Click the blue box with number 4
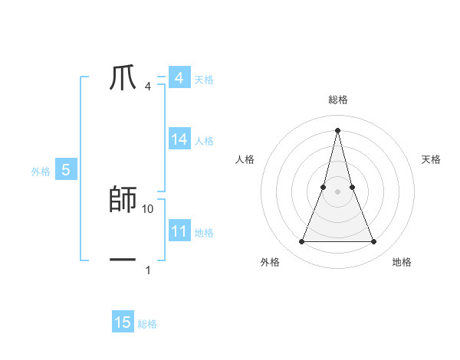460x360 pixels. tap(179, 78)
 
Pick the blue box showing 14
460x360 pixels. tap(179, 139)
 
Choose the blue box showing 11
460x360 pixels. tap(179, 231)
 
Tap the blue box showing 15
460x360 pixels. tap(123, 322)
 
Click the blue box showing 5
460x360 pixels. tap(66, 170)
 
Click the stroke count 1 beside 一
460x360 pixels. tap(148, 270)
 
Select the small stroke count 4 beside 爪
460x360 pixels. tap(148, 87)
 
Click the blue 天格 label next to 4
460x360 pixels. tap(204, 79)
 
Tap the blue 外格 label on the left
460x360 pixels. tap(41, 172)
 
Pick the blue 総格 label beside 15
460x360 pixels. tap(148, 323)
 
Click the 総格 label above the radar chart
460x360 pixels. tap(337, 100)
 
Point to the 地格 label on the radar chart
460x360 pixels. tap(402, 263)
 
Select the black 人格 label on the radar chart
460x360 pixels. tap(245, 159)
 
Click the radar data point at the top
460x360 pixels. tap(337, 130)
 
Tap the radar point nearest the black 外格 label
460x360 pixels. tap(302, 242)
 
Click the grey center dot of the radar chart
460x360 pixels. tap(337, 191)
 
